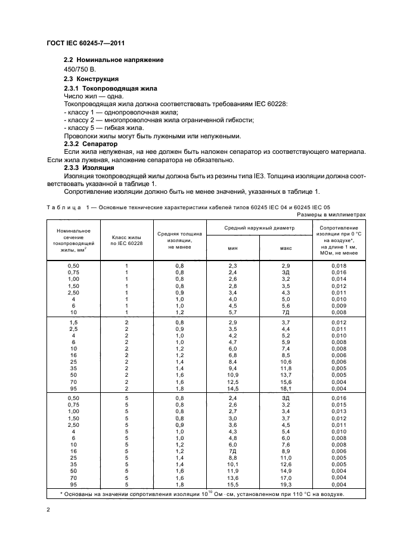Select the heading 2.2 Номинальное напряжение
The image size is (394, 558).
pos(113,60)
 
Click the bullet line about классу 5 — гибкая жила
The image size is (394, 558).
pos(105,128)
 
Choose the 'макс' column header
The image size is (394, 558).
pos(285,247)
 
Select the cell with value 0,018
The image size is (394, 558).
pos(339,265)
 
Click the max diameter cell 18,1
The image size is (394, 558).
pos(285,389)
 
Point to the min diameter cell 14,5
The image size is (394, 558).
pos(232,389)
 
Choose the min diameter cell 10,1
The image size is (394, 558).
pos(232,464)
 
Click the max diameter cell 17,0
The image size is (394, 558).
pos(285,478)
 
